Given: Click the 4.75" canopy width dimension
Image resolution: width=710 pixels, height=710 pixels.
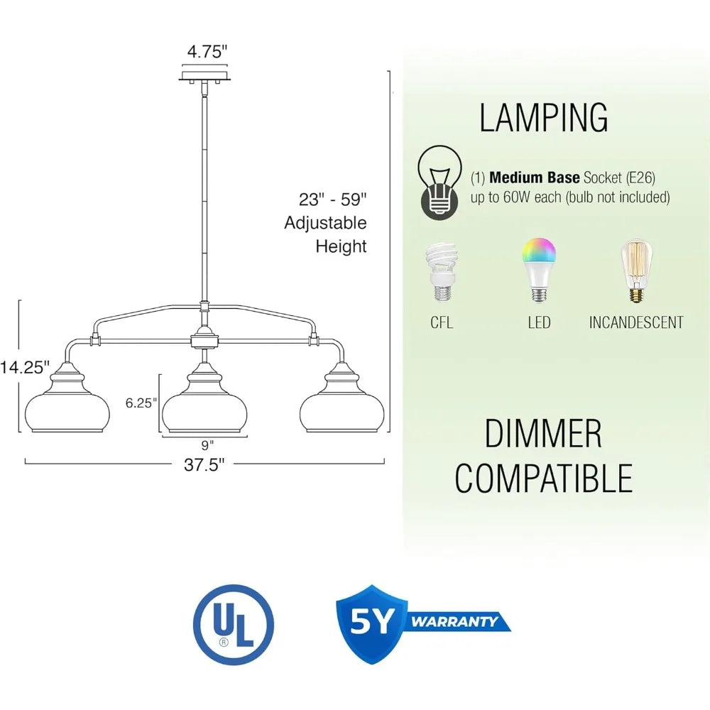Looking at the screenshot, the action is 207,52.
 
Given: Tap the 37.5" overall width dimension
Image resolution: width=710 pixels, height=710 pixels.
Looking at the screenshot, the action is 204,464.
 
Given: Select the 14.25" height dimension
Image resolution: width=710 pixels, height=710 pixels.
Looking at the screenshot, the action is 24,367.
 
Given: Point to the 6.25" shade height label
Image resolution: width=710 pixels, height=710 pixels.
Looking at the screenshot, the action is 141,403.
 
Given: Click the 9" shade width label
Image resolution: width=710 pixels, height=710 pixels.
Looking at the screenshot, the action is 207,445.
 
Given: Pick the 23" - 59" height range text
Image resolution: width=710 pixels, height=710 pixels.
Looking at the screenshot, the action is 332,200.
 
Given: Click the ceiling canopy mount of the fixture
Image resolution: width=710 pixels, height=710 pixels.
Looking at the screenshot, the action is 204,76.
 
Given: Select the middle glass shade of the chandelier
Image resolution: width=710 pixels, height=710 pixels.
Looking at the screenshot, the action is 204,398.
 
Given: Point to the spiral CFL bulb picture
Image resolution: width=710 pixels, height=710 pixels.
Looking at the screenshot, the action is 442,272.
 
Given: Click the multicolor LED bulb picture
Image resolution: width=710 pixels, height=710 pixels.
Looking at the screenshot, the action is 538,270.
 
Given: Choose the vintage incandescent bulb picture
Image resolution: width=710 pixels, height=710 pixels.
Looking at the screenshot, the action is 636,271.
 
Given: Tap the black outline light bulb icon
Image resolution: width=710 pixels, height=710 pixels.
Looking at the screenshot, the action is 439,182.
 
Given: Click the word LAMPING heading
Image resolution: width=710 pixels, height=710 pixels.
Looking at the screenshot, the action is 543,118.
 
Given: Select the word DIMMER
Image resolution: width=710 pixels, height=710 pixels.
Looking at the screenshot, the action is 543,433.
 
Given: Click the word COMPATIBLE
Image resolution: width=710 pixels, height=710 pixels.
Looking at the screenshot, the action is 543,478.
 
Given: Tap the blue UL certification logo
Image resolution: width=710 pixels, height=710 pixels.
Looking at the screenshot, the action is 233,625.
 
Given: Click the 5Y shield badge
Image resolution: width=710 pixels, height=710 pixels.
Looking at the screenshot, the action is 372,624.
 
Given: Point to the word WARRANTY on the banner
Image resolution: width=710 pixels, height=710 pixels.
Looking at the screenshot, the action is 454,621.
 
